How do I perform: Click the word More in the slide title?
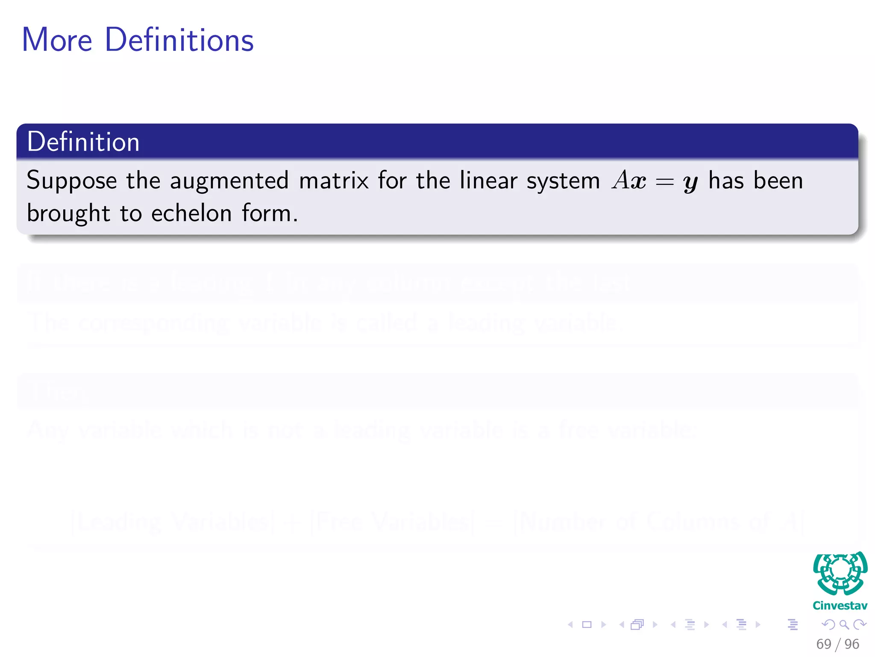tap(57, 40)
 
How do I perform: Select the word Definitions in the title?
tap(179, 40)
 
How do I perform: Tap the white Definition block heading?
tap(83, 142)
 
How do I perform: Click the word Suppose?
tap(71, 181)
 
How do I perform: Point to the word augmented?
tap(229, 181)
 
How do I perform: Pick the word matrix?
tap(334, 181)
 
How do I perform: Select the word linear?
tap(487, 180)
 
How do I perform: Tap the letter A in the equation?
tap(621, 180)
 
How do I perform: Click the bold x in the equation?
tap(638, 182)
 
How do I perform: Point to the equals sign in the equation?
tap(664, 182)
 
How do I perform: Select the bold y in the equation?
tap(690, 183)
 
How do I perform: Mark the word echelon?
tap(191, 213)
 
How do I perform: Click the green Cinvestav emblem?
tap(840, 573)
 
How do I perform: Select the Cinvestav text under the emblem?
tap(840, 606)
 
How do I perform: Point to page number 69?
tap(824, 644)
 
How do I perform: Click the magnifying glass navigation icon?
tap(844, 624)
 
